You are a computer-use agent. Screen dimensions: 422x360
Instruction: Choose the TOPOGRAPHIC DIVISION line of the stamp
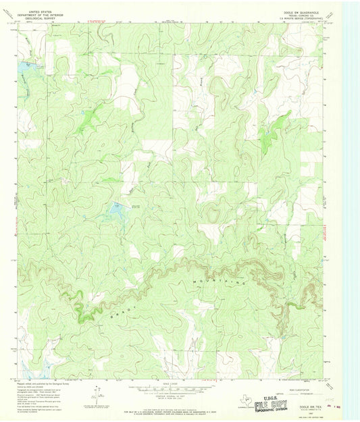coord(282,408)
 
